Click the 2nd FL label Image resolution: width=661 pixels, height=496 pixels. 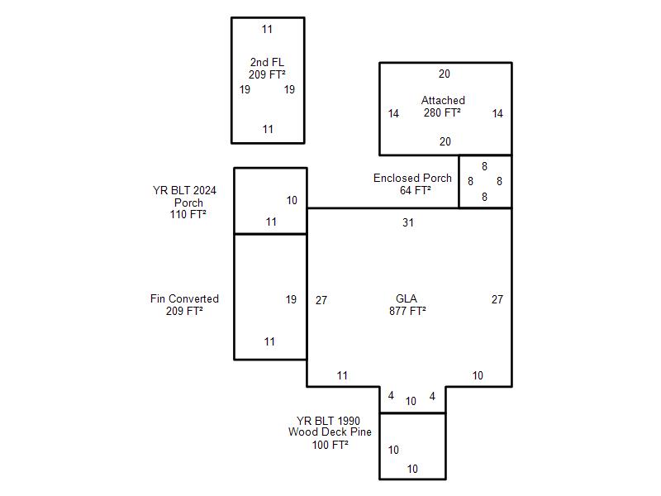click(267, 62)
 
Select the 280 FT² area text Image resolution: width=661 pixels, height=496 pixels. click(442, 112)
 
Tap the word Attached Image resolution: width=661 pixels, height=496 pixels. click(443, 100)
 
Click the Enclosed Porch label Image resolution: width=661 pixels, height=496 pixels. click(412, 178)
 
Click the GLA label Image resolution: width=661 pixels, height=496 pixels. click(407, 298)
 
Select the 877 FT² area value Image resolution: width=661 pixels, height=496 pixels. click(407, 311)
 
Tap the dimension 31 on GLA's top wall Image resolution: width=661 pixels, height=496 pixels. click(408, 222)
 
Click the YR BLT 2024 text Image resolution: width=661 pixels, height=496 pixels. click(184, 190)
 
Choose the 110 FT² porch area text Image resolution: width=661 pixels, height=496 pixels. click(188, 214)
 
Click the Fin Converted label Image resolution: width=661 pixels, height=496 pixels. click(184, 298)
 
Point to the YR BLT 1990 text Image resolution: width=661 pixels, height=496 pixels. click(328, 420)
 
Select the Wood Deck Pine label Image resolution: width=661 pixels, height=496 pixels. click(330, 432)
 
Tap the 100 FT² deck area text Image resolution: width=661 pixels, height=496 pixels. click(330, 444)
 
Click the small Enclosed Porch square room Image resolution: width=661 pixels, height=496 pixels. click(485, 181)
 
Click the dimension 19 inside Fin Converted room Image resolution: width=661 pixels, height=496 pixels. click(291, 299)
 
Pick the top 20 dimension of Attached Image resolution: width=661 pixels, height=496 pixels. click(445, 74)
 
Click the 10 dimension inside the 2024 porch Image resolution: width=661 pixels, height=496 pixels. click(292, 200)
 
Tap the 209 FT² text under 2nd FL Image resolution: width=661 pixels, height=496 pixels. click(267, 74)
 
